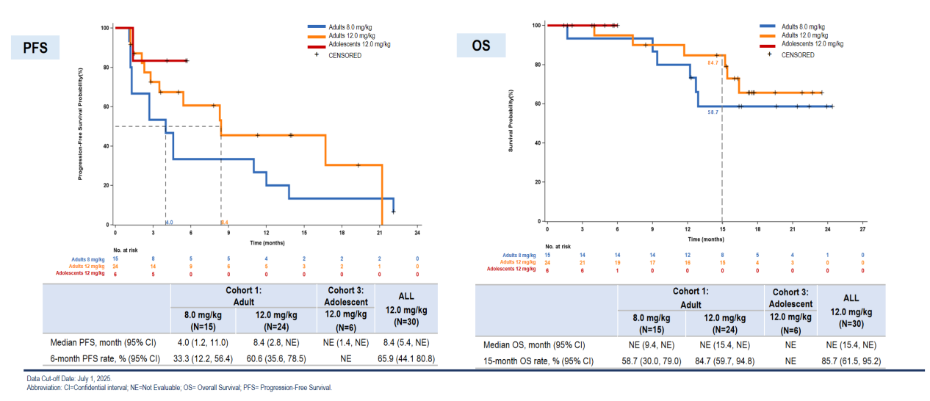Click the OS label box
[x=481, y=46]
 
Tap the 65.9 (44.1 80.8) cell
[x=401, y=358]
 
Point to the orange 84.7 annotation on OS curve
[x=712, y=63]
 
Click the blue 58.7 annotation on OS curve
[x=712, y=112]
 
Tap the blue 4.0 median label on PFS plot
[x=169, y=222]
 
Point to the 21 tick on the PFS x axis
[x=379, y=233]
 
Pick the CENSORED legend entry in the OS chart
[x=797, y=54]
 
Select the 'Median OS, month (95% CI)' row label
[x=534, y=344]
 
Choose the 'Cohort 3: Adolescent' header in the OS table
[x=790, y=297]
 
